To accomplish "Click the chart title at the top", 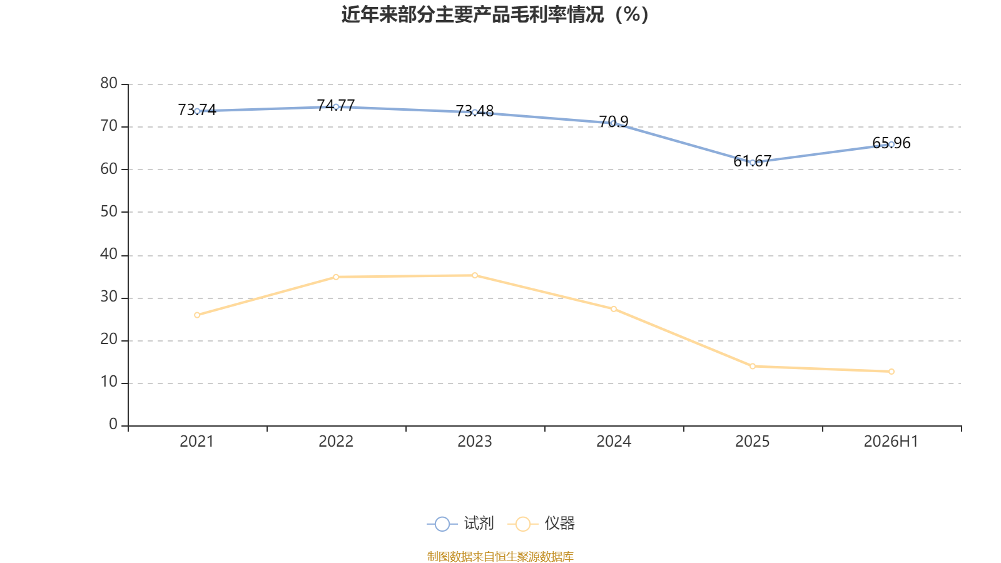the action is tap(495, 15).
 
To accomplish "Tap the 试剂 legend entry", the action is tap(460, 523).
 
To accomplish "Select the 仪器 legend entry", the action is tap(541, 523).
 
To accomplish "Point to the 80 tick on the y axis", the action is tap(109, 83).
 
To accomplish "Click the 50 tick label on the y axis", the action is tap(109, 211).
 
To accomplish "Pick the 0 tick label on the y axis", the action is tap(113, 424).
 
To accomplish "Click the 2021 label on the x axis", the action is tap(196, 442).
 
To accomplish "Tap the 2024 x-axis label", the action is tap(614, 442).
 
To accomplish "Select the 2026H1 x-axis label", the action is tap(891, 442).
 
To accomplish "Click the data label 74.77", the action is tap(335, 106).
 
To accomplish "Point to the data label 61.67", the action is tap(753, 161).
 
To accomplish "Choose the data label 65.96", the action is tap(891, 143).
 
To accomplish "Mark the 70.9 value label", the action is tap(614, 121).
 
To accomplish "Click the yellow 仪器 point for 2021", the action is tap(197, 315).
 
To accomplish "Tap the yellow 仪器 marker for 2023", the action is tap(475, 276).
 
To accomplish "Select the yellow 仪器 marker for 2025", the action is tap(753, 367).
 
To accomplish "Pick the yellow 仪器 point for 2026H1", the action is tap(891, 372).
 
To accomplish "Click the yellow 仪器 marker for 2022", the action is tap(336, 277).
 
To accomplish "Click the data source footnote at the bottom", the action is tap(500, 556).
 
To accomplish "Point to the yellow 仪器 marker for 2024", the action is tap(614, 309).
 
